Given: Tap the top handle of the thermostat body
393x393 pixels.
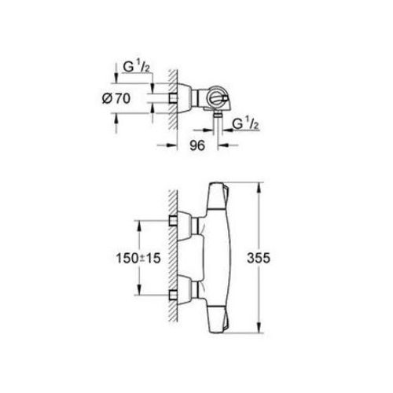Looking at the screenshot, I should point(219,201).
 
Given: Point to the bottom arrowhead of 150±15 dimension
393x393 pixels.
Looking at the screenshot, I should point(140,293).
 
